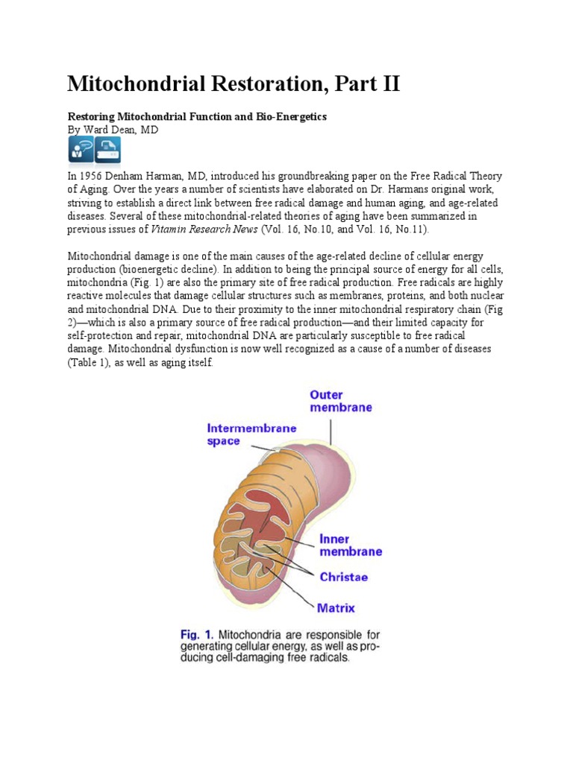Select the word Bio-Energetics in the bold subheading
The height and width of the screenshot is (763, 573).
[288, 118]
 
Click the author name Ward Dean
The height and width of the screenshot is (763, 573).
[119, 130]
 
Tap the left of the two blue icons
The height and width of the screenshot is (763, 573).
[81, 150]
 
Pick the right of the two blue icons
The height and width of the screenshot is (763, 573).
[107, 150]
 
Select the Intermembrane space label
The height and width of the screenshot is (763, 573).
[241, 434]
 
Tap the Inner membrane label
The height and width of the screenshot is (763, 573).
[350, 545]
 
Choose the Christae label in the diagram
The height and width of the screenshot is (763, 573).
[343, 576]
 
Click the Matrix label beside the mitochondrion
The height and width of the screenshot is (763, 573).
[336, 607]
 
